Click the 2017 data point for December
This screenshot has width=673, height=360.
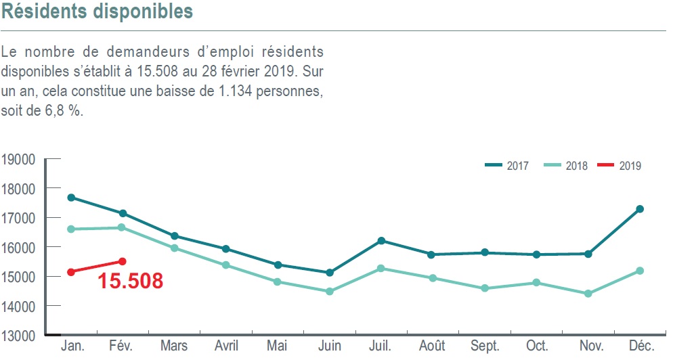640,209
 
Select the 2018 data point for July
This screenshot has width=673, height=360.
381,269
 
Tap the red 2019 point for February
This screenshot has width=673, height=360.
123,261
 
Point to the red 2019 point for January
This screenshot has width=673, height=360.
70,272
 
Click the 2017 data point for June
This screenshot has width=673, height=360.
330,273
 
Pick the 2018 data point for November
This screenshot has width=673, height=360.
588,294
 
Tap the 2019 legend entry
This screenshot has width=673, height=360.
620,166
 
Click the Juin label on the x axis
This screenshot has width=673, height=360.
330,346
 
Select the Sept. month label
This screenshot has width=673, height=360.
485,346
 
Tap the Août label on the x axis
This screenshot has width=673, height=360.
433,346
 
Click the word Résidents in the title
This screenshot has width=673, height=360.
46,12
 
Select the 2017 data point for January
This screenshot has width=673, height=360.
70,198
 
